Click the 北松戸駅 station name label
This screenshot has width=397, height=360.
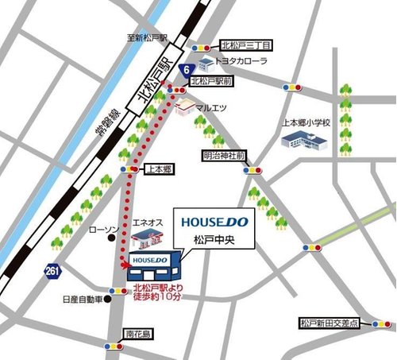click(154, 82)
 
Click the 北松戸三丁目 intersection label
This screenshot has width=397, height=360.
click(245, 45)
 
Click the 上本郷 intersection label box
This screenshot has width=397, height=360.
click(160, 169)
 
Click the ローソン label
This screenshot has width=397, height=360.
click(102, 229)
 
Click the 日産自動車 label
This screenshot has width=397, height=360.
click(83, 300)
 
